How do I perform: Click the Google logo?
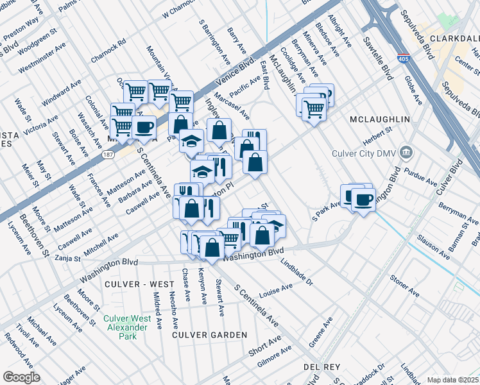click(21, 377)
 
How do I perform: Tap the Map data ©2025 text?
click(452, 380)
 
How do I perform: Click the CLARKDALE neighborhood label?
click(455, 38)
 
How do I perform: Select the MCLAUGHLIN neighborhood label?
click(375, 119)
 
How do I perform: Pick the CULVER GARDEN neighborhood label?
click(209, 335)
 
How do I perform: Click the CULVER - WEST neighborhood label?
click(143, 284)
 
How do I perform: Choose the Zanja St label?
click(67, 259)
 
